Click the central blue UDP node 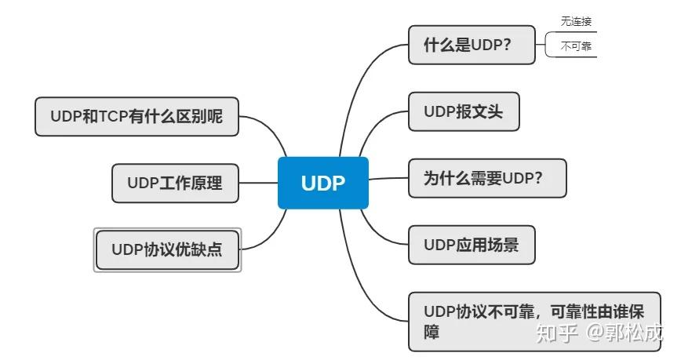tap(322, 182)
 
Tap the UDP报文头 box tap(462, 111)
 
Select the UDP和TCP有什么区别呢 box tap(137, 116)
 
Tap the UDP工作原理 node tap(174, 183)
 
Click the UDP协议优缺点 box tap(166, 249)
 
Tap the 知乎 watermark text tap(555, 333)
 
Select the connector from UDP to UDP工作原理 tap(258, 183)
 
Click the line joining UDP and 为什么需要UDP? tap(388, 179)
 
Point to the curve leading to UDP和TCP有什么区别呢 tap(271, 129)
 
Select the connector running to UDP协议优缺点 tap(271, 235)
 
